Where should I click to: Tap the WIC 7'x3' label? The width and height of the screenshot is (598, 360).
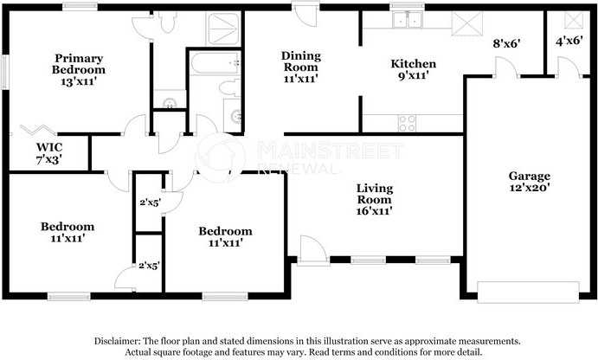[48, 153]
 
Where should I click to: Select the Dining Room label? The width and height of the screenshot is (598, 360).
[300, 67]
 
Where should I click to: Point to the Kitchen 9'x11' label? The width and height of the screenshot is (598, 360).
[413, 70]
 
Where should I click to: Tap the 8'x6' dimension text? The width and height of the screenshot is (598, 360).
[507, 42]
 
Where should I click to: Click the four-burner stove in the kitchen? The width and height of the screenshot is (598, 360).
[405, 124]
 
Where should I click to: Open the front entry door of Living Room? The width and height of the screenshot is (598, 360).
[312, 251]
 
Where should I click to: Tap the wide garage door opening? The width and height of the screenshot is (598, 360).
[529, 288]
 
